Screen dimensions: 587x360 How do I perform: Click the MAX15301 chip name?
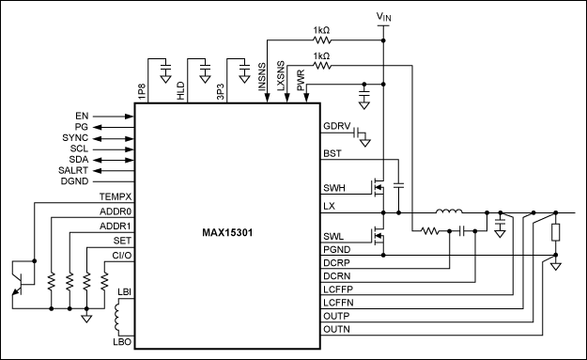227,232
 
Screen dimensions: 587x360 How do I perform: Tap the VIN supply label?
384,17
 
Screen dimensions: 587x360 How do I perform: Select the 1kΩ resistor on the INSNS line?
322,39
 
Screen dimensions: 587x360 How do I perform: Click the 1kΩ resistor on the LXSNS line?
322,66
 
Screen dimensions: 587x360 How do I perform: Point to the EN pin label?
82,117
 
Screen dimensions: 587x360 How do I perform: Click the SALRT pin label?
73,170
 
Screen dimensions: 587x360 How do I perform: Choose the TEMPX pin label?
116,196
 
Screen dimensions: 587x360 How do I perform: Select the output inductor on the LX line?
449,211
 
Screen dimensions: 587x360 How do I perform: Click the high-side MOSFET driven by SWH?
378,186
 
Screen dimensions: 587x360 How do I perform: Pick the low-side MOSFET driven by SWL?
378,235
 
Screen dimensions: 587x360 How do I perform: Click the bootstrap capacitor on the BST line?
399,185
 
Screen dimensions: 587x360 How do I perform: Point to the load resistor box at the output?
556,232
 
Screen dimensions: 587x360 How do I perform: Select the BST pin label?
332,153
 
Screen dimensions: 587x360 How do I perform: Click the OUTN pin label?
336,329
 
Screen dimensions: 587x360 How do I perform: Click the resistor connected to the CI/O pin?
104,280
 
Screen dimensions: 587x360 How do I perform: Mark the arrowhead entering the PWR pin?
306,98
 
